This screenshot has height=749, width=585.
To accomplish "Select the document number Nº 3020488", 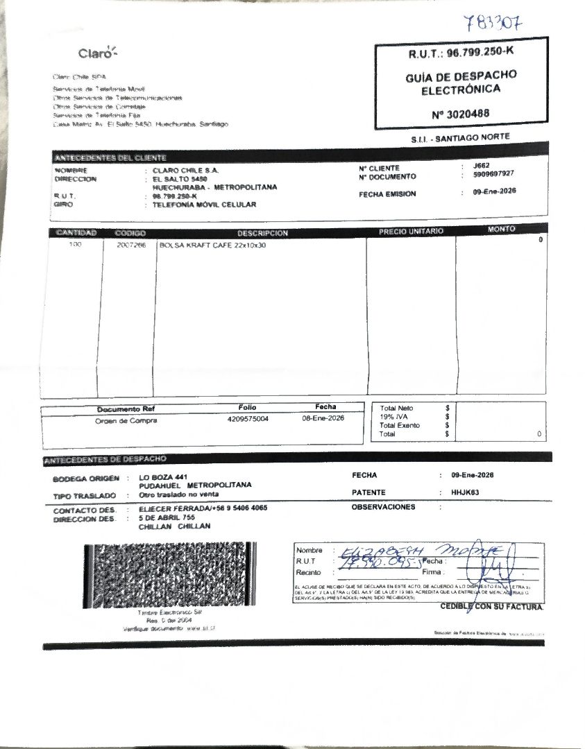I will [461, 113].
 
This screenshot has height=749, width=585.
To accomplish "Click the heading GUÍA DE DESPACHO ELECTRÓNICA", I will [461, 82].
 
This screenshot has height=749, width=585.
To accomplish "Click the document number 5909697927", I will [489, 175].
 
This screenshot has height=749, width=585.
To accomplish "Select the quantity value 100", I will [75, 246].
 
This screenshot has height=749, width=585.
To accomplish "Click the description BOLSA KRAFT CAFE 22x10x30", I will [212, 246].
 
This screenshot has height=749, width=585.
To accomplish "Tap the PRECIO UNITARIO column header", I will [411, 231].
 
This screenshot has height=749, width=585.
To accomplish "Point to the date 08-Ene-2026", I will [323, 418].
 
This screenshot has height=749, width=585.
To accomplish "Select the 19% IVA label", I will [393, 417].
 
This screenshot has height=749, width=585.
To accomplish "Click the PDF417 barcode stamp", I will [170, 574].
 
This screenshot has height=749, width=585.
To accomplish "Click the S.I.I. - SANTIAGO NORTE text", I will [460, 138].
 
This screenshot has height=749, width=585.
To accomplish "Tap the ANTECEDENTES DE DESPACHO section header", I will [105, 459].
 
